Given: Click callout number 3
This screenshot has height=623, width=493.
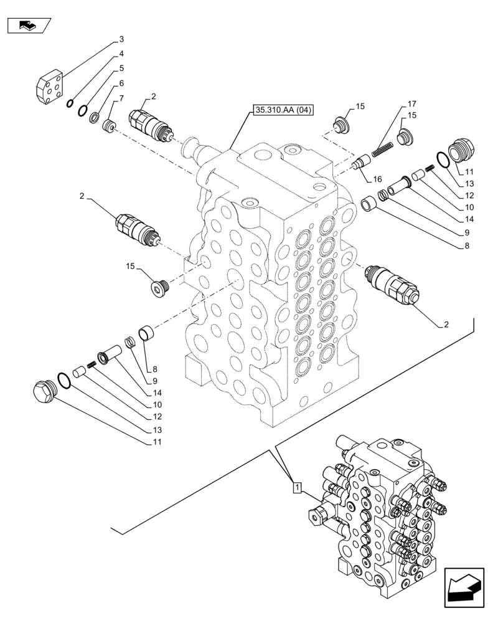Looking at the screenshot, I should click(x=122, y=40).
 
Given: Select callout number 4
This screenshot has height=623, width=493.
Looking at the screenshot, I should click(x=122, y=54).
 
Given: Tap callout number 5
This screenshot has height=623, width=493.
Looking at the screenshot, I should click(x=122, y=69).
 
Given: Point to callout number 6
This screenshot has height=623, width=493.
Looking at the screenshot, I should click(x=122, y=83).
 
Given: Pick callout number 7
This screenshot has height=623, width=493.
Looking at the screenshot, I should click(x=122, y=98).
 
